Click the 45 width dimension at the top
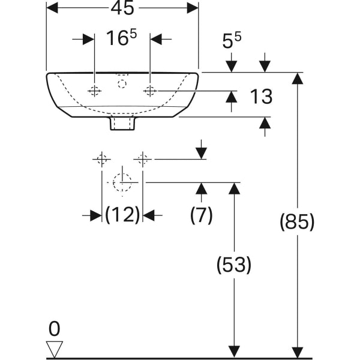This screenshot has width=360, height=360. [x=122, y=8]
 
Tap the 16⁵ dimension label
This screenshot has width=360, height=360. [x=121, y=38]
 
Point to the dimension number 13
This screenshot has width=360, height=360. [x=260, y=96]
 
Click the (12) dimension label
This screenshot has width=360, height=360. [x=122, y=214]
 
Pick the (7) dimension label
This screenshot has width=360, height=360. [x=202, y=214]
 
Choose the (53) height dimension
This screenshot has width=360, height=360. [x=233, y=264]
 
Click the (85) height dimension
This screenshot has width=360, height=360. [x=296, y=222]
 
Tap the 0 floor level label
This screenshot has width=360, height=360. [x=55, y=328]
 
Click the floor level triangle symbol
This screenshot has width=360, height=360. [x=55, y=349]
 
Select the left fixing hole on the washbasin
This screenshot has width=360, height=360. [x=94, y=91]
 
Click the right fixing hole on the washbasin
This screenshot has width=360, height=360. [x=150, y=91]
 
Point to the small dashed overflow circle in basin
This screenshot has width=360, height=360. [x=122, y=83]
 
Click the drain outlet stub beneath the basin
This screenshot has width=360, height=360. [x=122, y=123]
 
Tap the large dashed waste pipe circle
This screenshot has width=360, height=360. [x=122, y=182]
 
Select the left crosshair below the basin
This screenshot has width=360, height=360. [x=101, y=159]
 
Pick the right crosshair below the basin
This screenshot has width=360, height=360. [x=143, y=159]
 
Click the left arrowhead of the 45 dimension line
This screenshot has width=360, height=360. [x=52, y=8]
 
